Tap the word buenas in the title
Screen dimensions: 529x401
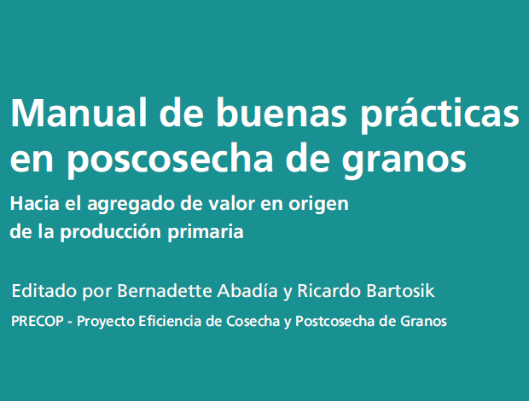click(x=282, y=113)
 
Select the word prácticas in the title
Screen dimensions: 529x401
click(x=439, y=114)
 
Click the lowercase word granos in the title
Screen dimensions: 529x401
click(x=404, y=163)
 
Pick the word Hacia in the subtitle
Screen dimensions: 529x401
click(x=34, y=203)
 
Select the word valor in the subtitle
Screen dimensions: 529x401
click(x=231, y=203)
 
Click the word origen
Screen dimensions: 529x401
click(x=318, y=206)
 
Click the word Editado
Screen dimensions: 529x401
click(x=44, y=291)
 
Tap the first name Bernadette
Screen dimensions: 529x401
click(x=165, y=291)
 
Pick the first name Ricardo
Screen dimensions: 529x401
click(x=329, y=291)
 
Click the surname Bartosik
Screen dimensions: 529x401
click(x=400, y=291)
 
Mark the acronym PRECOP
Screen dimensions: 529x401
click(x=38, y=321)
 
